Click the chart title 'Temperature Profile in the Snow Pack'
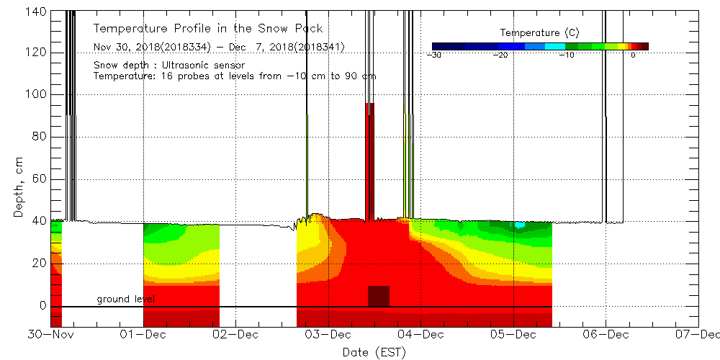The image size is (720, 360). tap(208, 29)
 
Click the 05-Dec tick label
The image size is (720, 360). tap(513, 334)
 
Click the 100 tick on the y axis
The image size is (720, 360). tap(35, 94)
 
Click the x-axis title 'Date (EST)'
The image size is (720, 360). tap(374, 351)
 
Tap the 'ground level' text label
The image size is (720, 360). tap(125, 299)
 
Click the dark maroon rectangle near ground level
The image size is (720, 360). tap(379, 296)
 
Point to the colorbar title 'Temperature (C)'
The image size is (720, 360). tap(539, 33)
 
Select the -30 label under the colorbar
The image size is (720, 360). tap(434, 55)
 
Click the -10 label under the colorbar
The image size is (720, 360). tap(567, 55)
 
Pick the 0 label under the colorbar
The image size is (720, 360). tap(632, 55)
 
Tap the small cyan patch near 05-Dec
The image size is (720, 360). tap(520, 225)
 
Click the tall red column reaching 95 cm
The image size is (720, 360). tap(369, 158)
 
